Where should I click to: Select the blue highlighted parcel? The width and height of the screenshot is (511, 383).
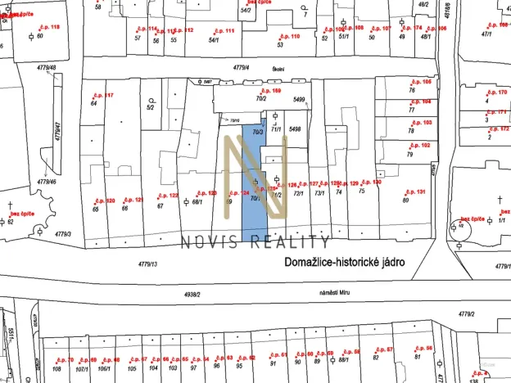point(252,184)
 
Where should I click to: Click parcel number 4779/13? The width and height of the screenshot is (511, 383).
point(148,264)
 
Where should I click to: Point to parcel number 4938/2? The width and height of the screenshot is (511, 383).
point(193,293)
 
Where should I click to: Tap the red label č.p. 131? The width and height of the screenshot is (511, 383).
point(416,191)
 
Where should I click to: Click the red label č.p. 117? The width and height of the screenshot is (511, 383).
point(104,96)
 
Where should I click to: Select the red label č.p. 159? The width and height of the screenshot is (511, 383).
point(270,91)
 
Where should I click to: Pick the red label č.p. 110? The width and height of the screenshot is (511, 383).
point(290,37)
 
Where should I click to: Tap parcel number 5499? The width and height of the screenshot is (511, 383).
point(299,100)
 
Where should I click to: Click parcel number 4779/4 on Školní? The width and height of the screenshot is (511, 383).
point(240,67)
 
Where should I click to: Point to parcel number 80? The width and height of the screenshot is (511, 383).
point(405,199)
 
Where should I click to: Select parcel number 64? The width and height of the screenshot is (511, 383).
point(94,104)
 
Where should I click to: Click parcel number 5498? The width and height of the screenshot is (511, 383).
point(296,128)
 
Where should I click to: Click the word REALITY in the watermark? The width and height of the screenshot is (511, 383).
point(293,241)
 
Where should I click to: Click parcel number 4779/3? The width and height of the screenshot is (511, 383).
point(64,234)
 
